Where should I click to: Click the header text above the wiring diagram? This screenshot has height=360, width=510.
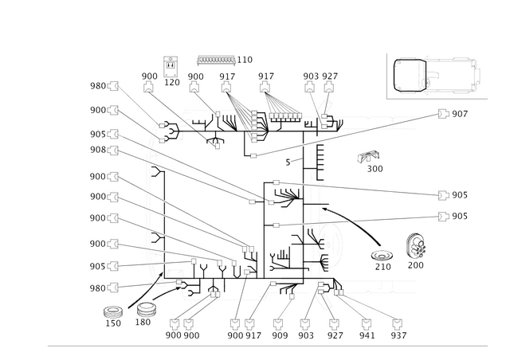223,59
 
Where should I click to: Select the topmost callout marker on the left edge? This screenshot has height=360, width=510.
113,85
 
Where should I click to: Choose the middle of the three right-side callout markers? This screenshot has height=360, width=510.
442,194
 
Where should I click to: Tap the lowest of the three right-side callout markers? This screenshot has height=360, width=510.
442,215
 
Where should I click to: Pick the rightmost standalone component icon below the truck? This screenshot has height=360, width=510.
414,248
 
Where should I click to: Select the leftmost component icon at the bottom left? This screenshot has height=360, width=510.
114,315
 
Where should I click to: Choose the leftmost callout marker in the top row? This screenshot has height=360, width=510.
149,76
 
